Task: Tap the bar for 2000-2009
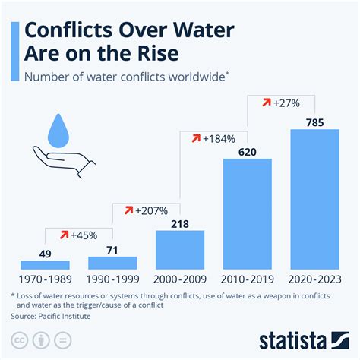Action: tap(179, 250)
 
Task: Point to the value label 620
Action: tap(247, 151)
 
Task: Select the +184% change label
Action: tap(213, 138)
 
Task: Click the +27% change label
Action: tap(281, 102)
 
